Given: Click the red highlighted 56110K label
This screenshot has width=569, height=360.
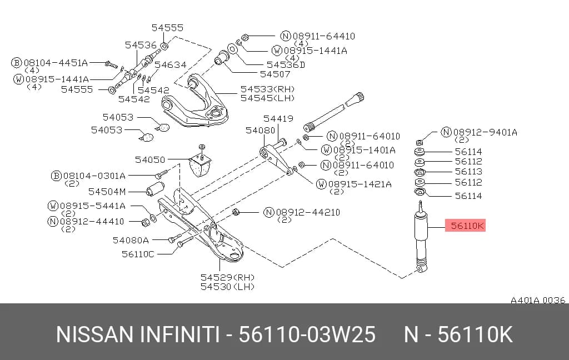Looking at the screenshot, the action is pyautogui.click(x=465, y=226).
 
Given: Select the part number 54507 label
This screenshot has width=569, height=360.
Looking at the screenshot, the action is pyautogui.click(x=275, y=74).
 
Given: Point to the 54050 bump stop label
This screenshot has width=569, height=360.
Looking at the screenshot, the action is pyautogui.click(x=150, y=159).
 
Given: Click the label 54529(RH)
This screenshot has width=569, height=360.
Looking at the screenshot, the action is pyautogui.click(x=227, y=278).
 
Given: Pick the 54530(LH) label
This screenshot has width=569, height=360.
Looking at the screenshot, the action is pyautogui.click(x=227, y=287).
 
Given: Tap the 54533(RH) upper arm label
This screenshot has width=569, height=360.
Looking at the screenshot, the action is pyautogui.click(x=268, y=89).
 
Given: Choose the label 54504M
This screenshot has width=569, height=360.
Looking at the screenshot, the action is pyautogui.click(x=107, y=192).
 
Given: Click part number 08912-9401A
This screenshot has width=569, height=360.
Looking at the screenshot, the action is pyautogui.click(x=485, y=132).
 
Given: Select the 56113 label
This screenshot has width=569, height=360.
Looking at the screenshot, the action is pyautogui.click(x=468, y=171).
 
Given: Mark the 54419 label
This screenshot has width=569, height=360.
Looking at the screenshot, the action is pyautogui.click(x=278, y=119).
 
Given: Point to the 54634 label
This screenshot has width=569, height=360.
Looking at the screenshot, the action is pyautogui.click(x=170, y=65).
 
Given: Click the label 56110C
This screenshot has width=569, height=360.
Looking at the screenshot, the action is pyautogui.click(x=138, y=254).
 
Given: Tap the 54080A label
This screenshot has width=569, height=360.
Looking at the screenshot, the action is pyautogui.click(x=131, y=240).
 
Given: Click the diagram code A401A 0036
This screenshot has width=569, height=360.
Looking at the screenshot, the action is pyautogui.click(x=538, y=300).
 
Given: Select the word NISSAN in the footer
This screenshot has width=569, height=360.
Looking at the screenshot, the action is pyautogui.click(x=94, y=334).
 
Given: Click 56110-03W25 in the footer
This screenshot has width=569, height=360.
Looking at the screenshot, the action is pyautogui.click(x=307, y=334).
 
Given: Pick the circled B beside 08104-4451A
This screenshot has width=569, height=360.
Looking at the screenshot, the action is pyautogui.click(x=16, y=63).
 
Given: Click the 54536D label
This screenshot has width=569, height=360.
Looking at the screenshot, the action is pyautogui.click(x=286, y=65).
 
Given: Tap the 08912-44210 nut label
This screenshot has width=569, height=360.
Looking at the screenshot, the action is pyautogui.click(x=308, y=212).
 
